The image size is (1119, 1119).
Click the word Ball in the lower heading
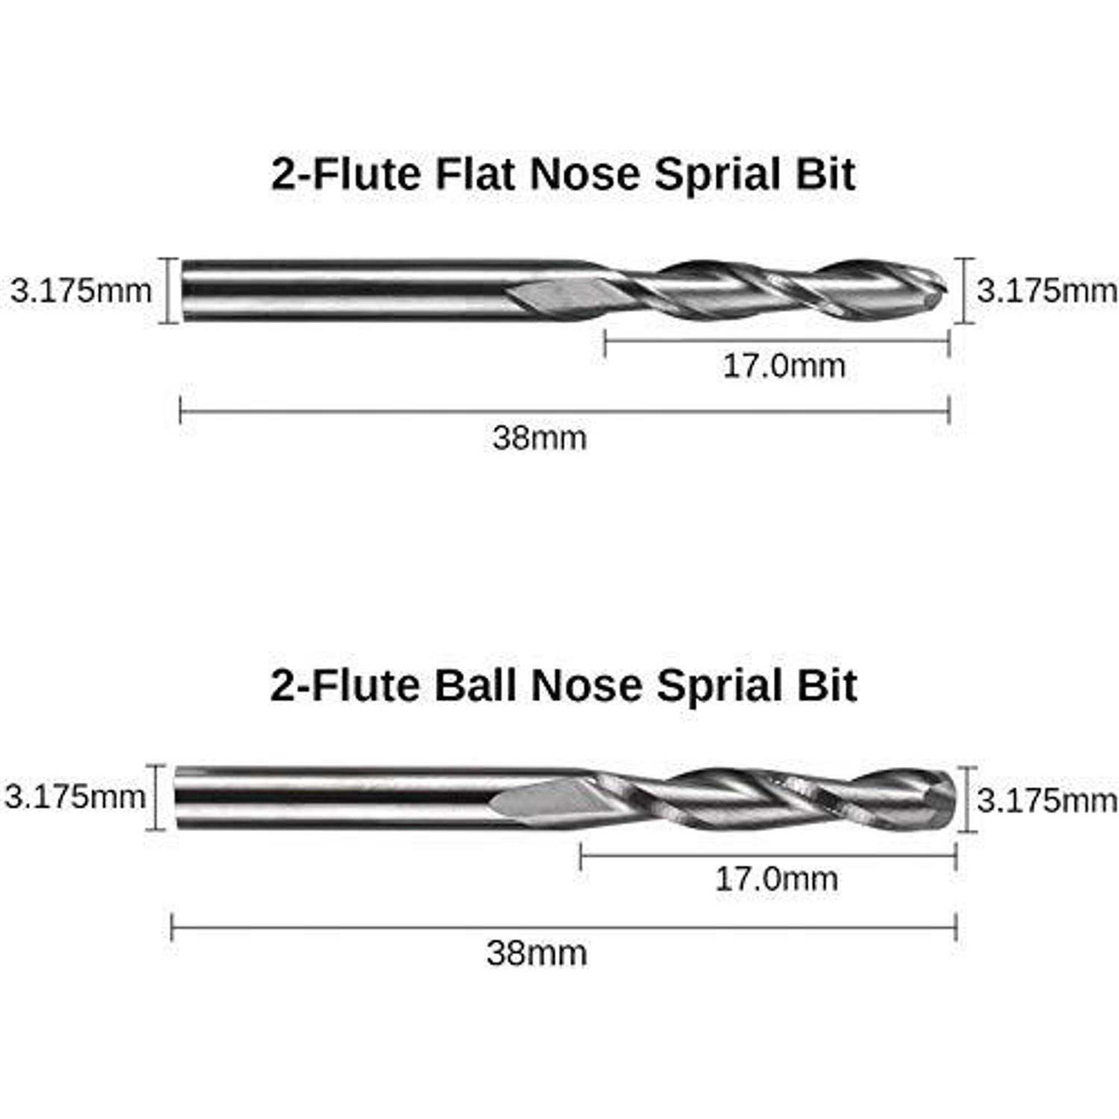(x=474, y=685)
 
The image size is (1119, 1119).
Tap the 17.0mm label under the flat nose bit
(x=784, y=366)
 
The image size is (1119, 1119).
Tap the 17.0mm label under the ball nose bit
(x=776, y=879)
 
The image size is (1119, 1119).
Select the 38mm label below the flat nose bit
(x=539, y=437)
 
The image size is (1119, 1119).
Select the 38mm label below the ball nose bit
(x=536, y=953)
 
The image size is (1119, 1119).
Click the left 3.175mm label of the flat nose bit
(x=81, y=290)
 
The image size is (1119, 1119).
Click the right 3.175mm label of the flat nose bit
(x=1047, y=290)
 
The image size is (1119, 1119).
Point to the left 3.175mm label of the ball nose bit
(x=75, y=797)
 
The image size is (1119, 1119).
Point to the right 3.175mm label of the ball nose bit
(x=1047, y=800)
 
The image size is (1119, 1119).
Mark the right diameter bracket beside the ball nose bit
(x=968, y=798)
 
